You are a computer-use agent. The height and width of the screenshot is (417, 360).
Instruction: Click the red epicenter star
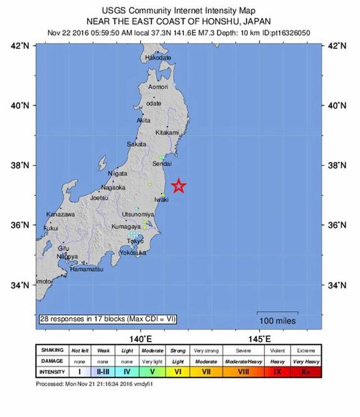(179, 185)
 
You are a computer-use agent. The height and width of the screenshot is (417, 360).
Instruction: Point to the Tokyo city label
(135, 241)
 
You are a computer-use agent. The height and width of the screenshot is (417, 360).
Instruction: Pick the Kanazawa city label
(61, 215)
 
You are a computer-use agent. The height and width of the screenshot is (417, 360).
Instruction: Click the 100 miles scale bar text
(276, 320)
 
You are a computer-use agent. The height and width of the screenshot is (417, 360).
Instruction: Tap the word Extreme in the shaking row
(306, 351)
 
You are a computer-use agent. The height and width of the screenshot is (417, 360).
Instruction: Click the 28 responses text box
(108, 319)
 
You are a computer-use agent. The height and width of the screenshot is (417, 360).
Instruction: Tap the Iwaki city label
(162, 199)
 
